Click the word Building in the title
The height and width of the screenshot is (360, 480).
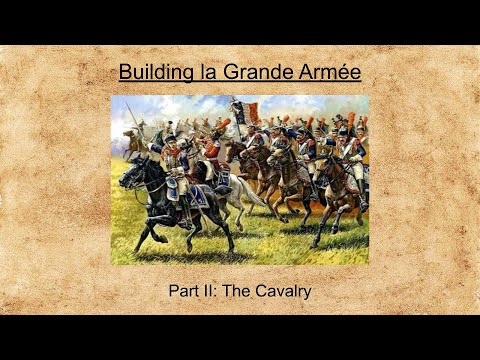pyautogui.click(x=149, y=72)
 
